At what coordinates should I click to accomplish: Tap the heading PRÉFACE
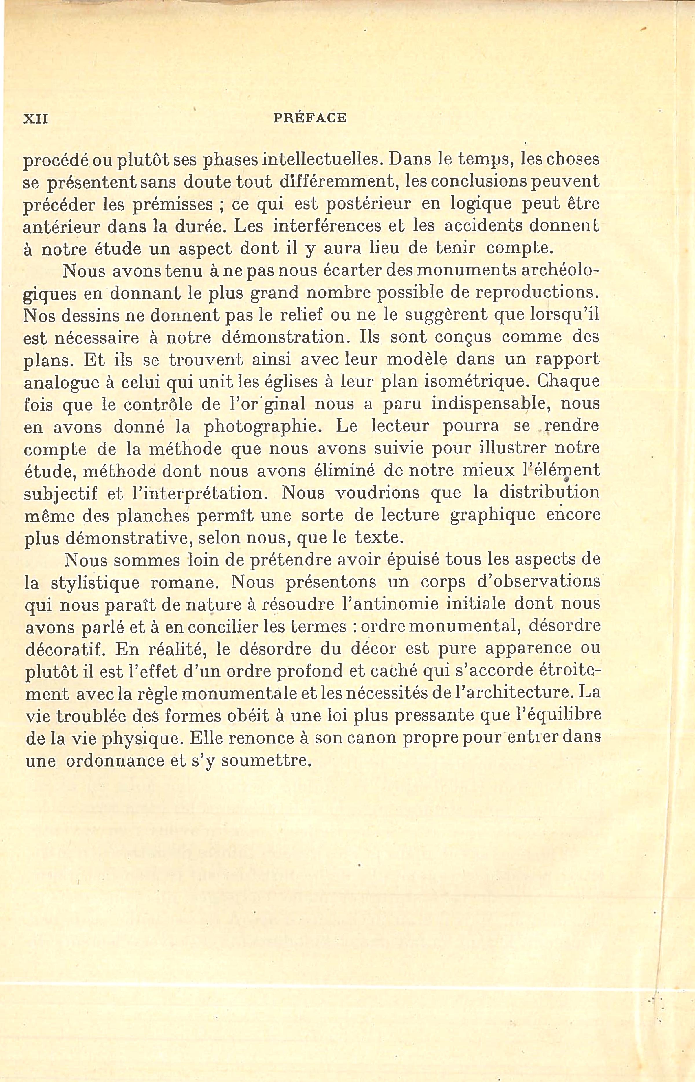(310, 118)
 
